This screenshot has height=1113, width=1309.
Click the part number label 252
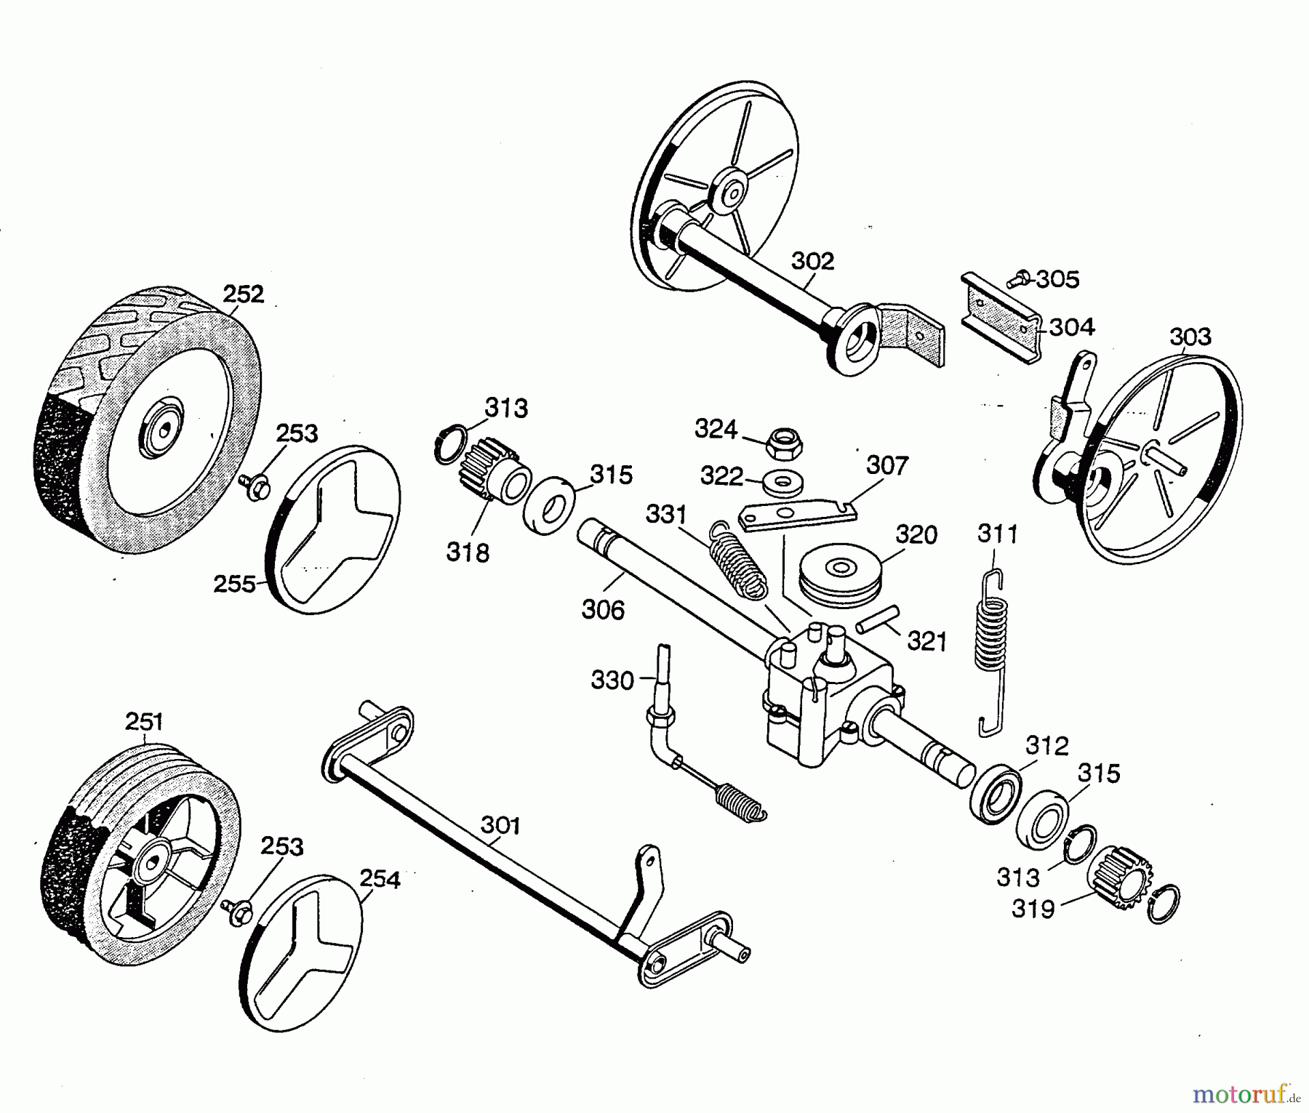[243, 294]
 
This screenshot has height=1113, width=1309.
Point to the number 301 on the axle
[500, 826]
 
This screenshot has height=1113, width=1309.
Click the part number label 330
[612, 681]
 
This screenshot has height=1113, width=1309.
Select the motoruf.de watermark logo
[1247, 1093]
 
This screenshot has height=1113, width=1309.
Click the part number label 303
[1190, 337]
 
